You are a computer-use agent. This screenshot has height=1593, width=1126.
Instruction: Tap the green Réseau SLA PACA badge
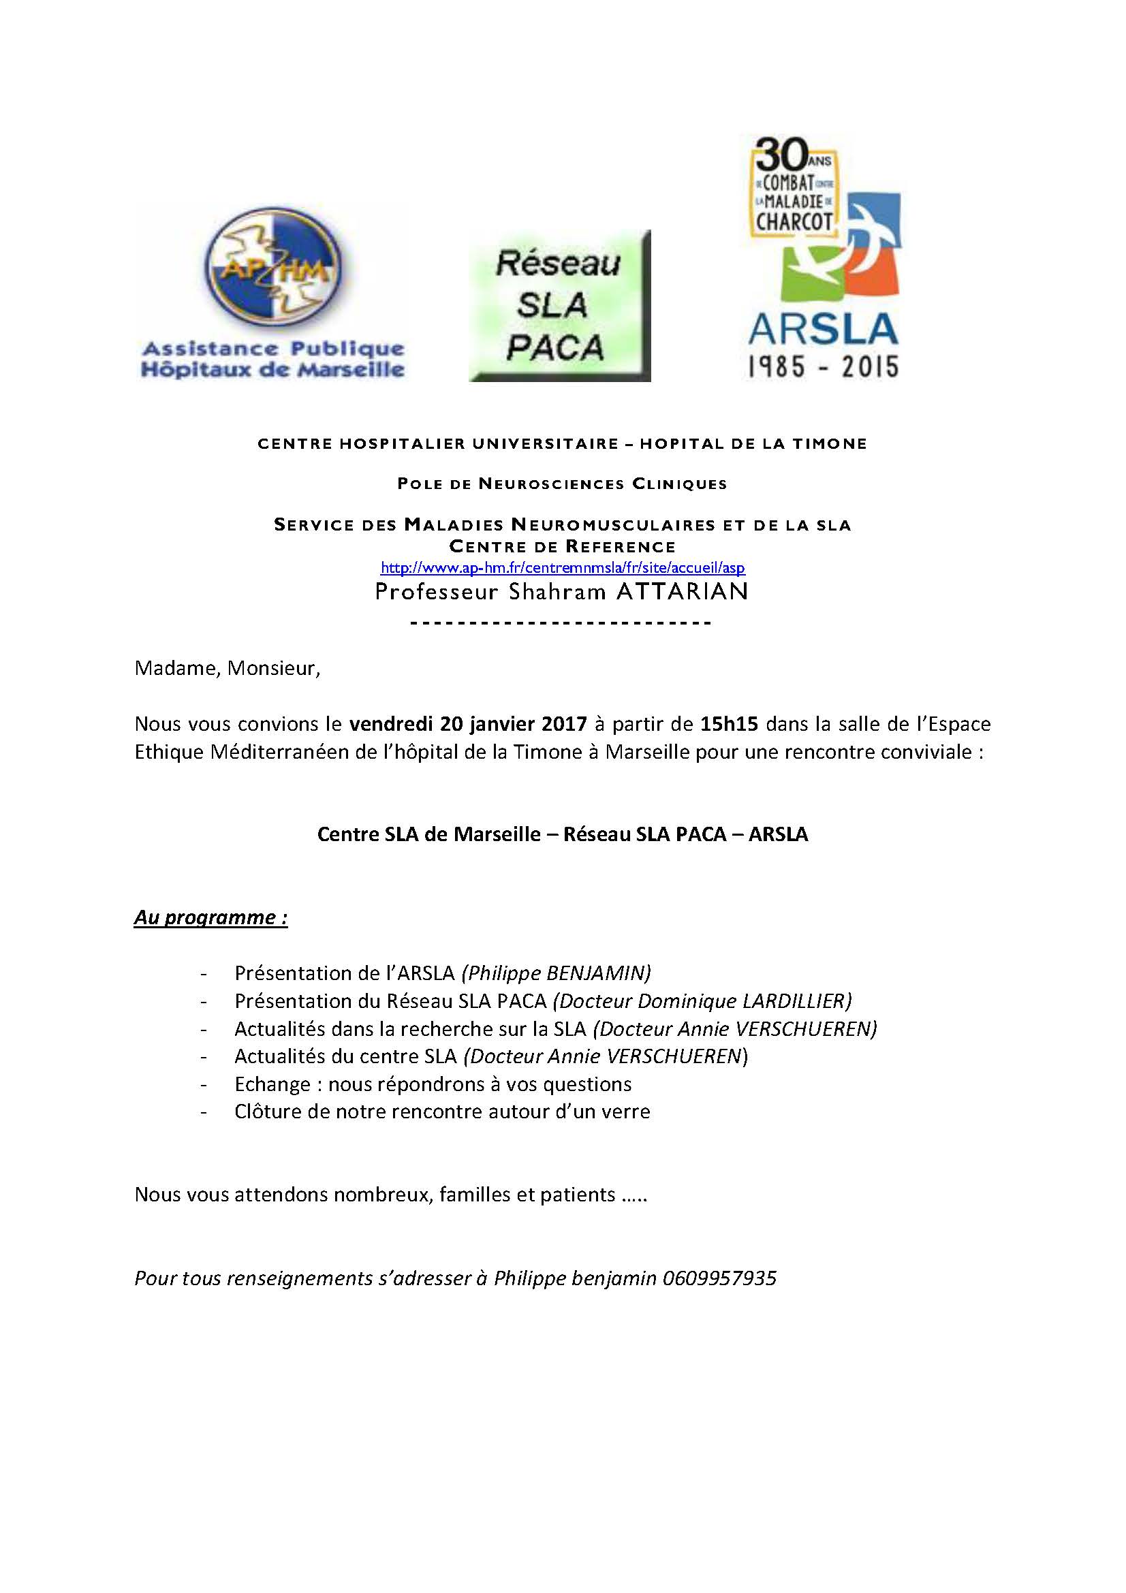559,305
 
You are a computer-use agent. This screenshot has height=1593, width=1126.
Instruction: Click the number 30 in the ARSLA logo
781,154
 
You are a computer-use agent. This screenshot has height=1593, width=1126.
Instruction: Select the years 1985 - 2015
823,366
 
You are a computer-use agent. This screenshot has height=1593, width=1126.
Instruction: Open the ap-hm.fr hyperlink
563,568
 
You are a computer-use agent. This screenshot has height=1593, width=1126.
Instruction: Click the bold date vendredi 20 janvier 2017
467,724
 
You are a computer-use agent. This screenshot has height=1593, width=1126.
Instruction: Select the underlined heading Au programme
210,917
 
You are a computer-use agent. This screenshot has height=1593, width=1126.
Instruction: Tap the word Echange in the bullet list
272,1084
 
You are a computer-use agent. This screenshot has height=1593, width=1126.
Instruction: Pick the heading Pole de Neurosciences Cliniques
562,484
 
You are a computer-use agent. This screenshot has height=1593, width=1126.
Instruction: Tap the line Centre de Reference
562,546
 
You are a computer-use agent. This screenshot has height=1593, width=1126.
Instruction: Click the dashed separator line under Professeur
562,622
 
